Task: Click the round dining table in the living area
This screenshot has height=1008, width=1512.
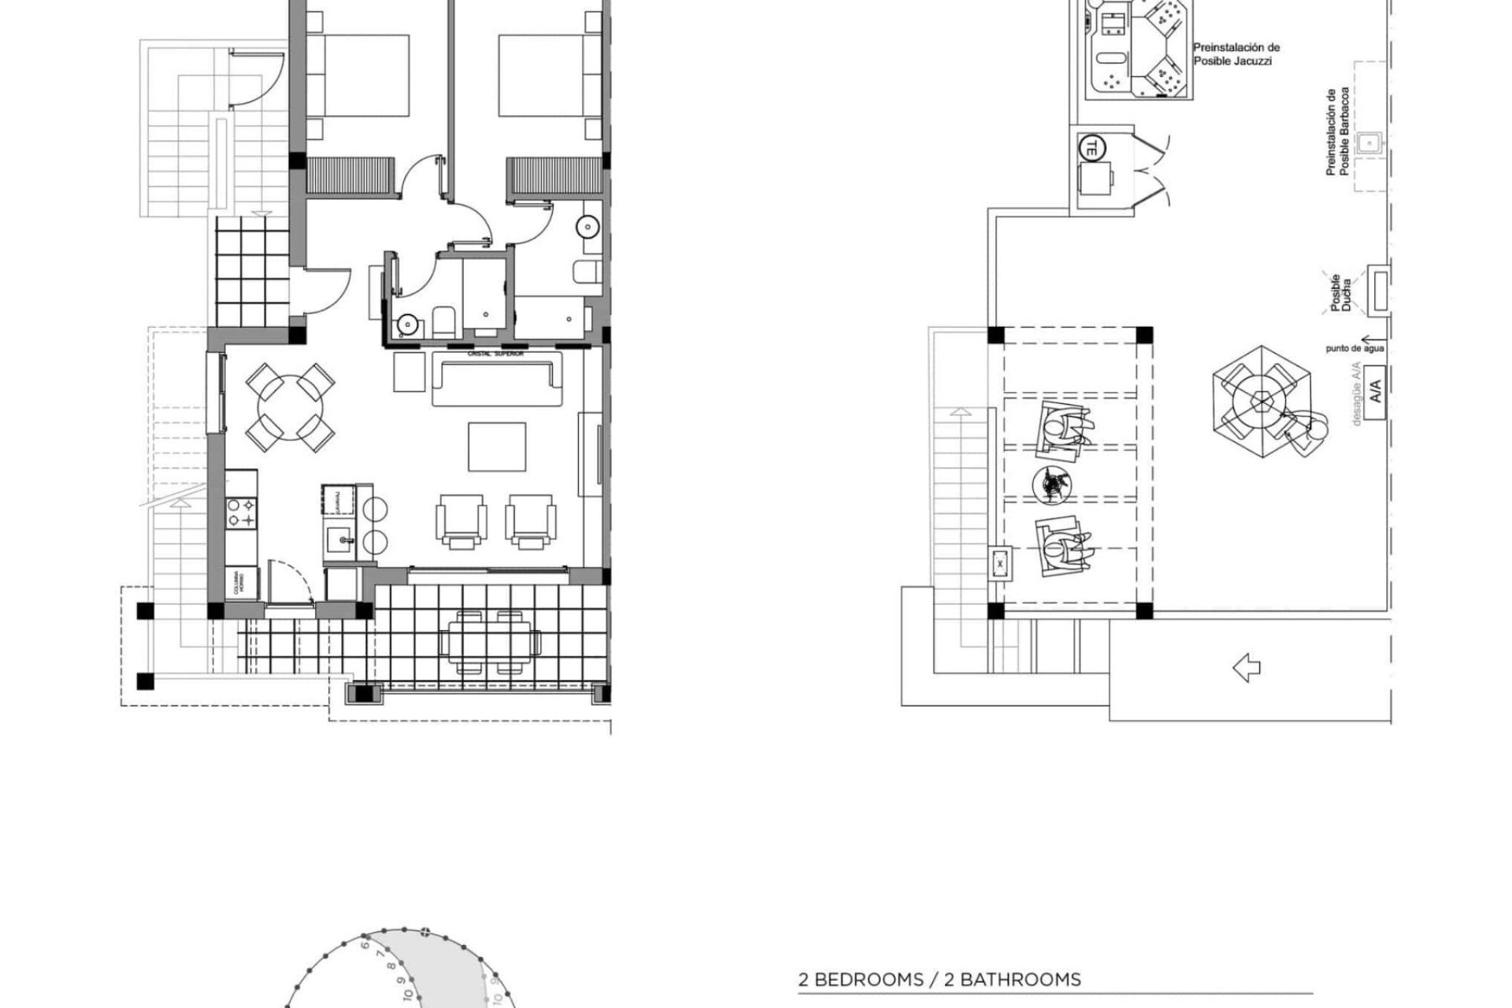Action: point(290,407)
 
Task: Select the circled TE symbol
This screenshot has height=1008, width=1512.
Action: point(1091,146)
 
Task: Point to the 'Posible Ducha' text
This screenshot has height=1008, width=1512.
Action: point(1340,295)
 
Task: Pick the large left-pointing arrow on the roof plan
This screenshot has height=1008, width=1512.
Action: point(1246,669)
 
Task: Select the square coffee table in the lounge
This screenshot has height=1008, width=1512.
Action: point(497,447)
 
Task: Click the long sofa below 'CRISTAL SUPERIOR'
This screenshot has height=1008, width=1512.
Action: point(498,380)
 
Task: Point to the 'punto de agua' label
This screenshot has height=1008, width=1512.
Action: point(1354,348)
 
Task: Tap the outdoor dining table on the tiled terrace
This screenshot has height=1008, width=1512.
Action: point(491,643)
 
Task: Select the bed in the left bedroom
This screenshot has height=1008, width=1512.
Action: point(358,76)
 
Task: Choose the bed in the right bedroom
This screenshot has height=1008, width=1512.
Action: point(549,76)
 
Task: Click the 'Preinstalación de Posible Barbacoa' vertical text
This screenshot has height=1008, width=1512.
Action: point(1337,132)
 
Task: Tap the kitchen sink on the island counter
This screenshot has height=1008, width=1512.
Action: point(341,539)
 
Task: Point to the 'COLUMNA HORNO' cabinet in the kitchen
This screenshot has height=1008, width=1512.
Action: point(241,584)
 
